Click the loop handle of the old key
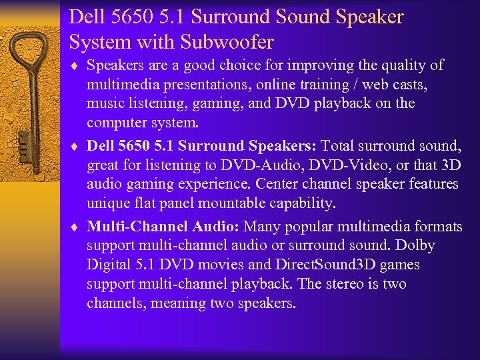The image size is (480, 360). tap(28, 53)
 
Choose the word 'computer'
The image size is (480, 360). tap(115, 123)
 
